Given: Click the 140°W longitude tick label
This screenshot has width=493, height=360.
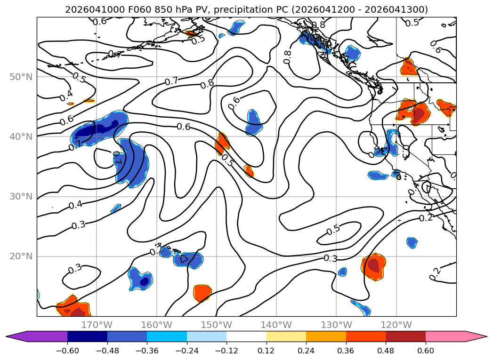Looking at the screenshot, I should (276, 325).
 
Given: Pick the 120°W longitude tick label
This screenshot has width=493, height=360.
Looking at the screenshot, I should (396, 325).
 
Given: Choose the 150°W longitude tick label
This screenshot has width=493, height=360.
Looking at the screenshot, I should (217, 325).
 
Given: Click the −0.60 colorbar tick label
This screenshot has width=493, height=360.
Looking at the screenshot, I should (67, 352).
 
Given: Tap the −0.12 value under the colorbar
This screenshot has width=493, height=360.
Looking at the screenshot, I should (226, 352).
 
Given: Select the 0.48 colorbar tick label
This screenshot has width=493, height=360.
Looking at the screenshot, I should (386, 352).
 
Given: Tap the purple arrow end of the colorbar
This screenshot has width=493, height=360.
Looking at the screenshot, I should (14, 336).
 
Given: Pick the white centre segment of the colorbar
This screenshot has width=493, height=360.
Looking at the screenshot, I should (246, 336).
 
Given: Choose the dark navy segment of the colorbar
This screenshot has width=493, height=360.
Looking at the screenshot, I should (87, 336).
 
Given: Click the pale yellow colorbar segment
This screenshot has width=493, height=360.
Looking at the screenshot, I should (286, 336).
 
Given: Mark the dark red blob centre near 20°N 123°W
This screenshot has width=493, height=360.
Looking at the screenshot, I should (373, 265).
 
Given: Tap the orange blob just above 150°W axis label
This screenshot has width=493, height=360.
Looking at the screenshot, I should (202, 293).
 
